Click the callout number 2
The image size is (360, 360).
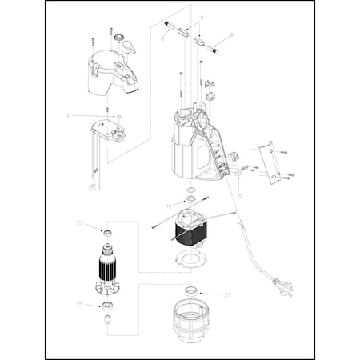click(x=69, y=115)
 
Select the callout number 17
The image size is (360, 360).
click(x=239, y=194)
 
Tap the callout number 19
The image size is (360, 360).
click(x=168, y=206)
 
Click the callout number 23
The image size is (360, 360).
click(x=79, y=222)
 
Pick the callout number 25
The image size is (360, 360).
click(x=79, y=305)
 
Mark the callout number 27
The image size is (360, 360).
click(x=227, y=295)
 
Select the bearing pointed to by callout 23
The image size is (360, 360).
click(x=106, y=232)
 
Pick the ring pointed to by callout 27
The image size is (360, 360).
click(x=193, y=289)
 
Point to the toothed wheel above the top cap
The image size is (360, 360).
click(x=119, y=38)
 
